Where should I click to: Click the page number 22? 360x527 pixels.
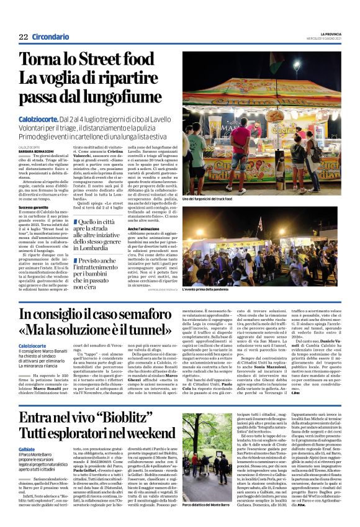(24, 37)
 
